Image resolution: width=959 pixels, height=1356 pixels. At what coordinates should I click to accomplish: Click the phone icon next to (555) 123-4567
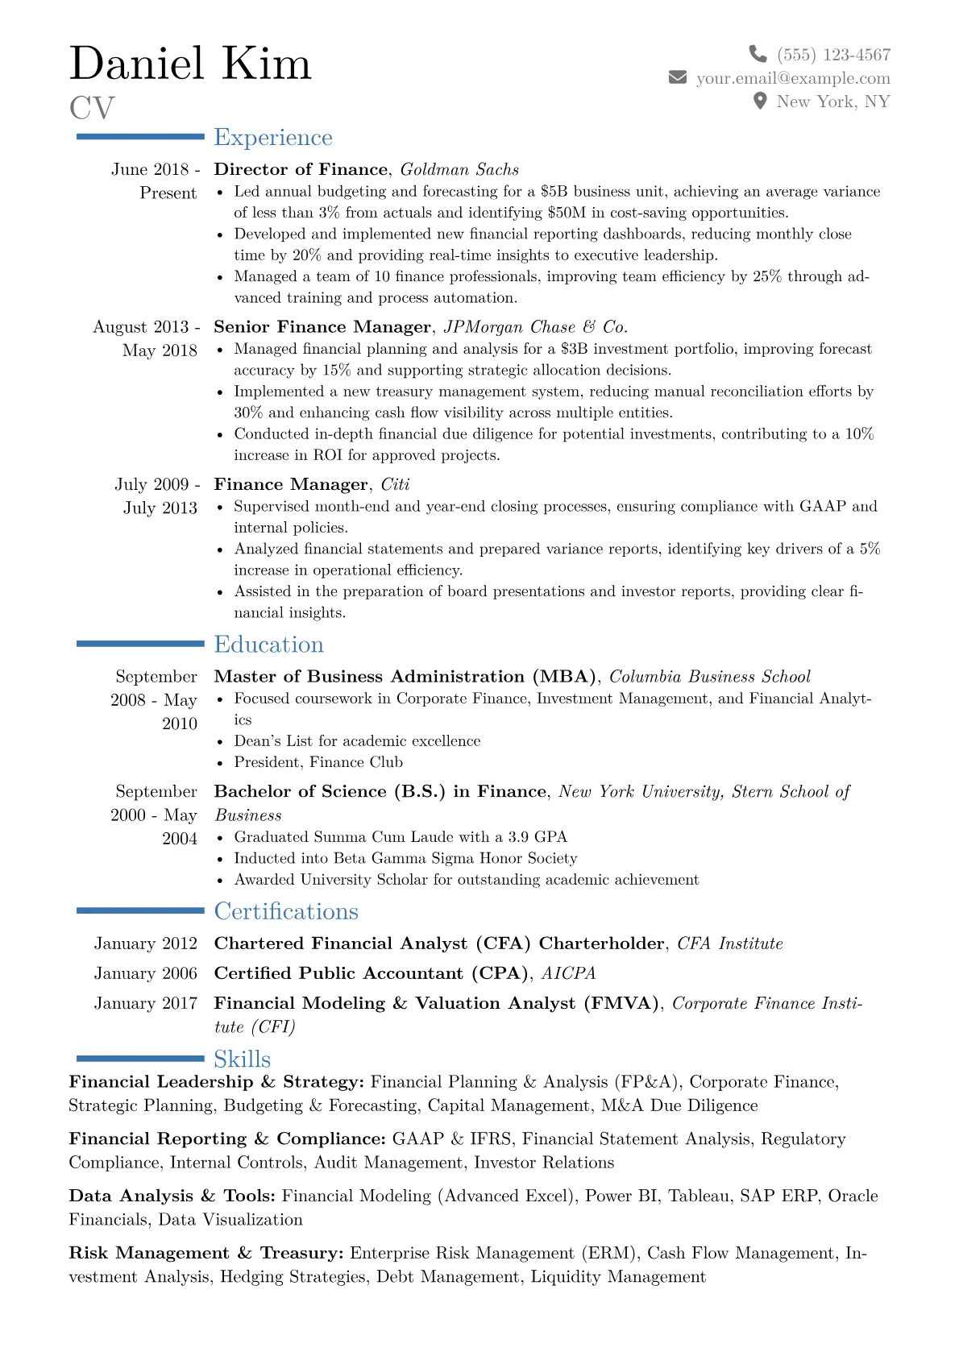point(758,54)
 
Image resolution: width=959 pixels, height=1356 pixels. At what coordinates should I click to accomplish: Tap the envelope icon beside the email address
point(678,77)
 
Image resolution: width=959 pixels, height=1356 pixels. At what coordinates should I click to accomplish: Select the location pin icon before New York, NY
point(759,101)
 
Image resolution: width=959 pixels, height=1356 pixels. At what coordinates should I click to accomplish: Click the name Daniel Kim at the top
point(190,64)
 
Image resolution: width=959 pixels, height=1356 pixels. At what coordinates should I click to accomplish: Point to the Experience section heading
point(272,138)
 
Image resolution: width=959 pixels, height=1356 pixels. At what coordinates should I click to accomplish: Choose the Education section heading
point(268,645)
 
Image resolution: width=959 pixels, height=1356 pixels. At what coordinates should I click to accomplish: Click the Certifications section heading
point(286,911)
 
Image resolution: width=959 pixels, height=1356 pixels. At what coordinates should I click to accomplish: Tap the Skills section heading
point(242,1060)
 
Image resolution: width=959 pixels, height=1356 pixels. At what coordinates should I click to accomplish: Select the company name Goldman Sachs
point(459,169)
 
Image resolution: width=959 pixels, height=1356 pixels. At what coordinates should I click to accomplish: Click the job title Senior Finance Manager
point(322,327)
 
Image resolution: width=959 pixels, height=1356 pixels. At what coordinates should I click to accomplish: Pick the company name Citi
point(395,484)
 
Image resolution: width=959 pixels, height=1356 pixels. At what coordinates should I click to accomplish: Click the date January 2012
point(146,943)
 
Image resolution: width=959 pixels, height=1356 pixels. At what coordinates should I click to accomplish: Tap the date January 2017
point(146,1003)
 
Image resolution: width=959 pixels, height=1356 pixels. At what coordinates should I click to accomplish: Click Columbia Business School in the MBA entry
point(709,677)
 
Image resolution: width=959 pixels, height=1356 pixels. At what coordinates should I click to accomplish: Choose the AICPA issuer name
point(568,973)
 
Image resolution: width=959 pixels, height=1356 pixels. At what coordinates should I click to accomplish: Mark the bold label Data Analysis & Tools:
point(172,1196)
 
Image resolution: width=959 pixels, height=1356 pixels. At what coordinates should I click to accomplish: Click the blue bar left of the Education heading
point(140,644)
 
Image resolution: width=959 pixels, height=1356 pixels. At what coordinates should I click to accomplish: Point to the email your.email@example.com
point(793,78)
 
